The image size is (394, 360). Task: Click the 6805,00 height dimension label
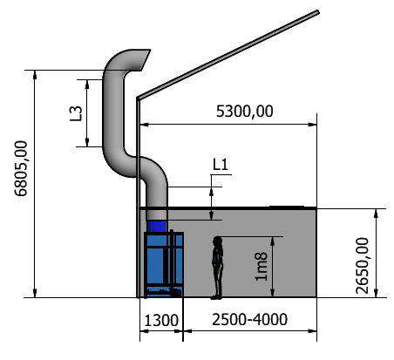(x=21, y=169)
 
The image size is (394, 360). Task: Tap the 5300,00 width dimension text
(x=245, y=112)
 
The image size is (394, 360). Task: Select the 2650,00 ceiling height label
(x=362, y=266)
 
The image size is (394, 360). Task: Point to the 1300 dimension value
(x=161, y=321)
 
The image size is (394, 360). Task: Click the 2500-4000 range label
(x=249, y=320)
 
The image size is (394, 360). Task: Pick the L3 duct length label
(x=76, y=113)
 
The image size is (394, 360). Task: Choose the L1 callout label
(x=221, y=165)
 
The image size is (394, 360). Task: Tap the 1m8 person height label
(x=261, y=267)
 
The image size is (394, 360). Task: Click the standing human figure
(x=217, y=268)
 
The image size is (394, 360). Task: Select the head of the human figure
(x=217, y=240)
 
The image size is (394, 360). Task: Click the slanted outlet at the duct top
(x=145, y=60)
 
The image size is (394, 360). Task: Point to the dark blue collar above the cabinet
(x=157, y=227)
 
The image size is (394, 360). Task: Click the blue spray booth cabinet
(x=164, y=264)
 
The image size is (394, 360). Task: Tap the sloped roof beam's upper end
(x=318, y=12)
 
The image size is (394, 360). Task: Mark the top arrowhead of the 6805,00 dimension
(x=35, y=74)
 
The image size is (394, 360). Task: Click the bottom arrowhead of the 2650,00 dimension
(x=376, y=293)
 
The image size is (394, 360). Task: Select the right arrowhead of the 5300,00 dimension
(x=312, y=125)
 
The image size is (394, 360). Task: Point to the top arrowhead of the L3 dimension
(x=87, y=84)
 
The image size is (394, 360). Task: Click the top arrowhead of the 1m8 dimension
(x=273, y=241)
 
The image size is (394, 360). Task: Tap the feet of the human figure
(x=216, y=297)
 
